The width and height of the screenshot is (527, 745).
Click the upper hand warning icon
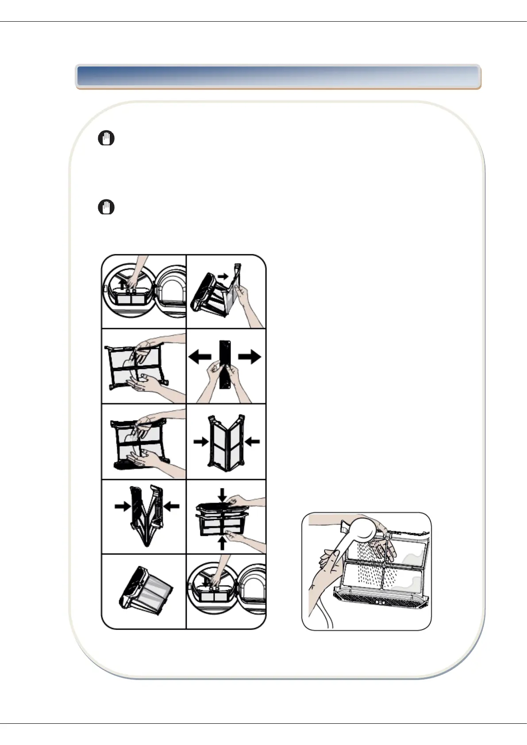click(106, 138)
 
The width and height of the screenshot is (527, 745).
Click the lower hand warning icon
click(106, 207)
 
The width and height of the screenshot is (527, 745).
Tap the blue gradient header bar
click(278, 77)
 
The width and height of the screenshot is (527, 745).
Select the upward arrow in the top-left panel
click(123, 283)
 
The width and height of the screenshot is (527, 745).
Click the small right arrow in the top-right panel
click(223, 276)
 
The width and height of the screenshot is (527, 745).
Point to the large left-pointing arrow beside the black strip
click(200, 357)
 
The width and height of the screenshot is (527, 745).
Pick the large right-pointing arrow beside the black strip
click(250, 357)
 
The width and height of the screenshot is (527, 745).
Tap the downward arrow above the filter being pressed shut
click(222, 495)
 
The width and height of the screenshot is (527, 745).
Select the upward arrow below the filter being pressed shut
click(222, 542)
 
